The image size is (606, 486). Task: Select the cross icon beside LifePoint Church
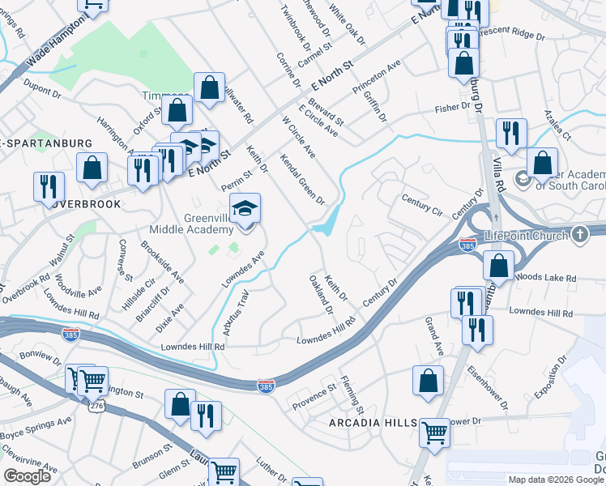pos(578,235)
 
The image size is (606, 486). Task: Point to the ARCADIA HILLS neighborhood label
pos(373,424)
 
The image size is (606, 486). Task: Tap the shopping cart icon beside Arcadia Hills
pos(435,432)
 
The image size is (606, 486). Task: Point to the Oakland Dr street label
pos(321,293)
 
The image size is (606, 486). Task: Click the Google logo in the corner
pos(28,476)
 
